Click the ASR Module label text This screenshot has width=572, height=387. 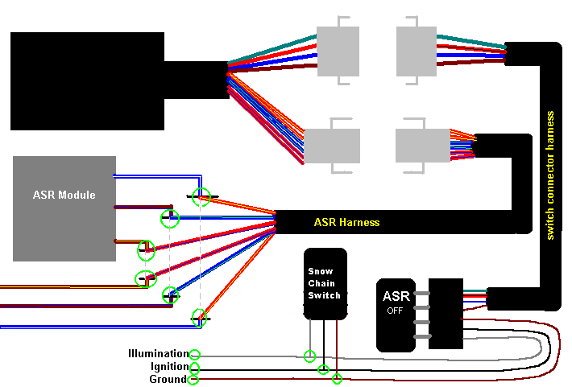coord(64,195)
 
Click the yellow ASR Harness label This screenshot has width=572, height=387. coord(346,222)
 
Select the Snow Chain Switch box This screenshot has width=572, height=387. coord(325,283)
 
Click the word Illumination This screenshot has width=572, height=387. coord(158,354)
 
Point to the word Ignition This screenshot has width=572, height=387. coord(169,367)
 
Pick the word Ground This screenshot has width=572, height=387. coord(169,379)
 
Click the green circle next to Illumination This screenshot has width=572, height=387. coord(194,354)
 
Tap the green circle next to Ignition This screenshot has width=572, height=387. coord(194,367)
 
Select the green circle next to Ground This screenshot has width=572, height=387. coord(193,379)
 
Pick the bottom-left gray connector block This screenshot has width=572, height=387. coord(331,145)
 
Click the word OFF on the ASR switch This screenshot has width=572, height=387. coord(395,311)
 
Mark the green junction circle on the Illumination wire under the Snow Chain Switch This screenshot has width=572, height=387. coord(310,356)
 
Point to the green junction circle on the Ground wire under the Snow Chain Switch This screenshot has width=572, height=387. coord(337,378)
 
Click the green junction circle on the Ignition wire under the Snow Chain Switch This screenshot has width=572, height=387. coord(324,369)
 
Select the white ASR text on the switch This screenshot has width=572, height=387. coord(396,295)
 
